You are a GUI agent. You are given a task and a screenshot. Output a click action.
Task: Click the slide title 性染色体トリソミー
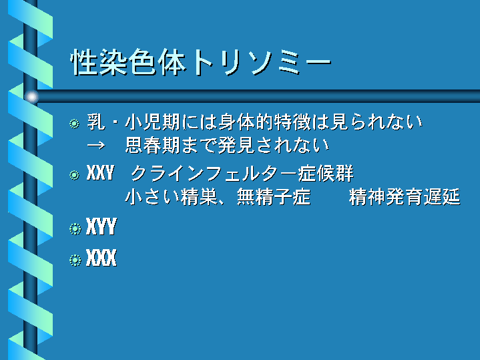201,62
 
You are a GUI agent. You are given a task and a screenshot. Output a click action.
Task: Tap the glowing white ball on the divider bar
32,97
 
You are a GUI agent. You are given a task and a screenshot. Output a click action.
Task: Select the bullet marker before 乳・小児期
74,124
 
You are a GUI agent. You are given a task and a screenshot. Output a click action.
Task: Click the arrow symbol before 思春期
96,145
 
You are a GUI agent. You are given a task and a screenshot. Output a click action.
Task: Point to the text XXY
100,173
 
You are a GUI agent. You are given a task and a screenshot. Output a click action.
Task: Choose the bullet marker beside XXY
74,175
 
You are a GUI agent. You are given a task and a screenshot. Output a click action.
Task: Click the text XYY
101,226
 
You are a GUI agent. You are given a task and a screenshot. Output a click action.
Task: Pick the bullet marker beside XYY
75,229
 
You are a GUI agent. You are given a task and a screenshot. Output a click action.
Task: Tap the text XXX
101,258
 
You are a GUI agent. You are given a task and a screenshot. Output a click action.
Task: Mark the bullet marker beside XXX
75,260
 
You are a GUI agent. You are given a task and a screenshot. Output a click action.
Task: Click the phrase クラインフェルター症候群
242,174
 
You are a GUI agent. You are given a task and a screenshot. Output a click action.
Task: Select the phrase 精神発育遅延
405,197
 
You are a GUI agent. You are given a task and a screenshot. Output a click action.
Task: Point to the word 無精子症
274,197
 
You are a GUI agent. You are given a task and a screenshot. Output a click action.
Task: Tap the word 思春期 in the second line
152,145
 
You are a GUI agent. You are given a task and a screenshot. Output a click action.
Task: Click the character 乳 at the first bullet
96,122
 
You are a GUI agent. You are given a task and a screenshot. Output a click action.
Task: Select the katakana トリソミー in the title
261,63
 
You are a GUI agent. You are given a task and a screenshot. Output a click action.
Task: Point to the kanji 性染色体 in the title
128,62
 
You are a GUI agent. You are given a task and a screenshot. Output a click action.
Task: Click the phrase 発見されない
273,145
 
